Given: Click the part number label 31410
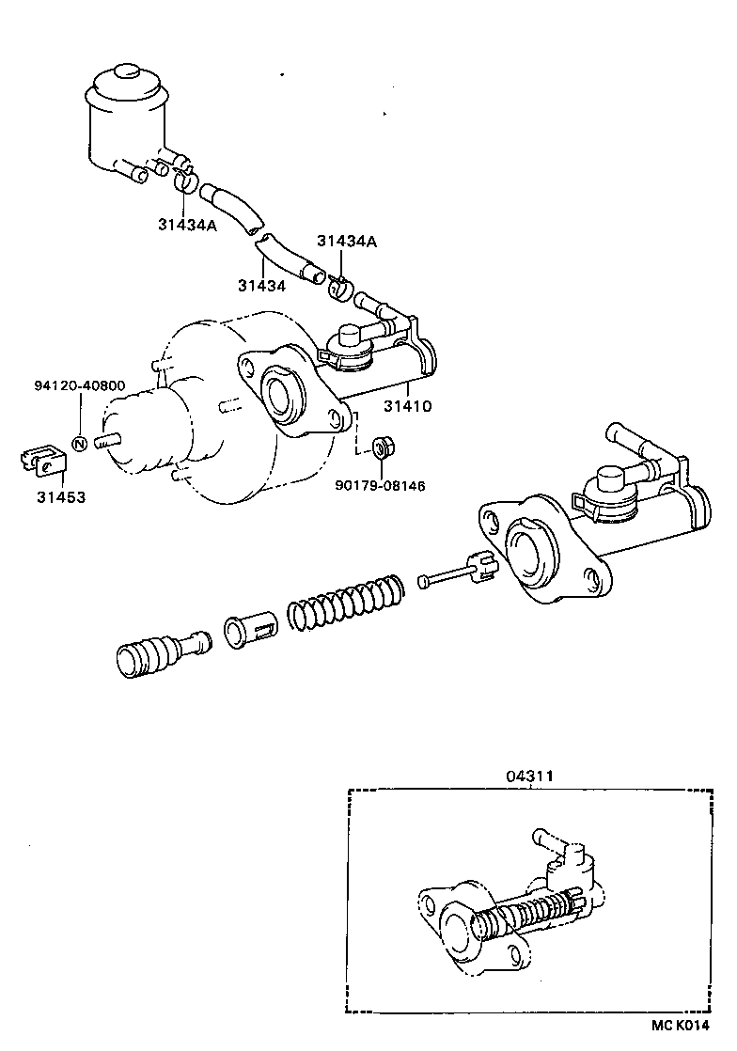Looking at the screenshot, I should pos(406,406).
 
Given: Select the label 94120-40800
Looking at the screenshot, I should pos(79,386).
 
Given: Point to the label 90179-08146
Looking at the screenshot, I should pos(380,486).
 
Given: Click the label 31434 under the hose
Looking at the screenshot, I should pos(261,285).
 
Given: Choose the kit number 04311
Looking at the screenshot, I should pos(529,776).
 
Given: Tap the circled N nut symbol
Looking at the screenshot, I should pos(79,443).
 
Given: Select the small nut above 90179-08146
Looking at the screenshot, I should pos(383,445).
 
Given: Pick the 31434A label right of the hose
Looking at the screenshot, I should pos(346,242).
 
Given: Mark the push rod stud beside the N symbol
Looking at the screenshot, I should pos(107,438).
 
